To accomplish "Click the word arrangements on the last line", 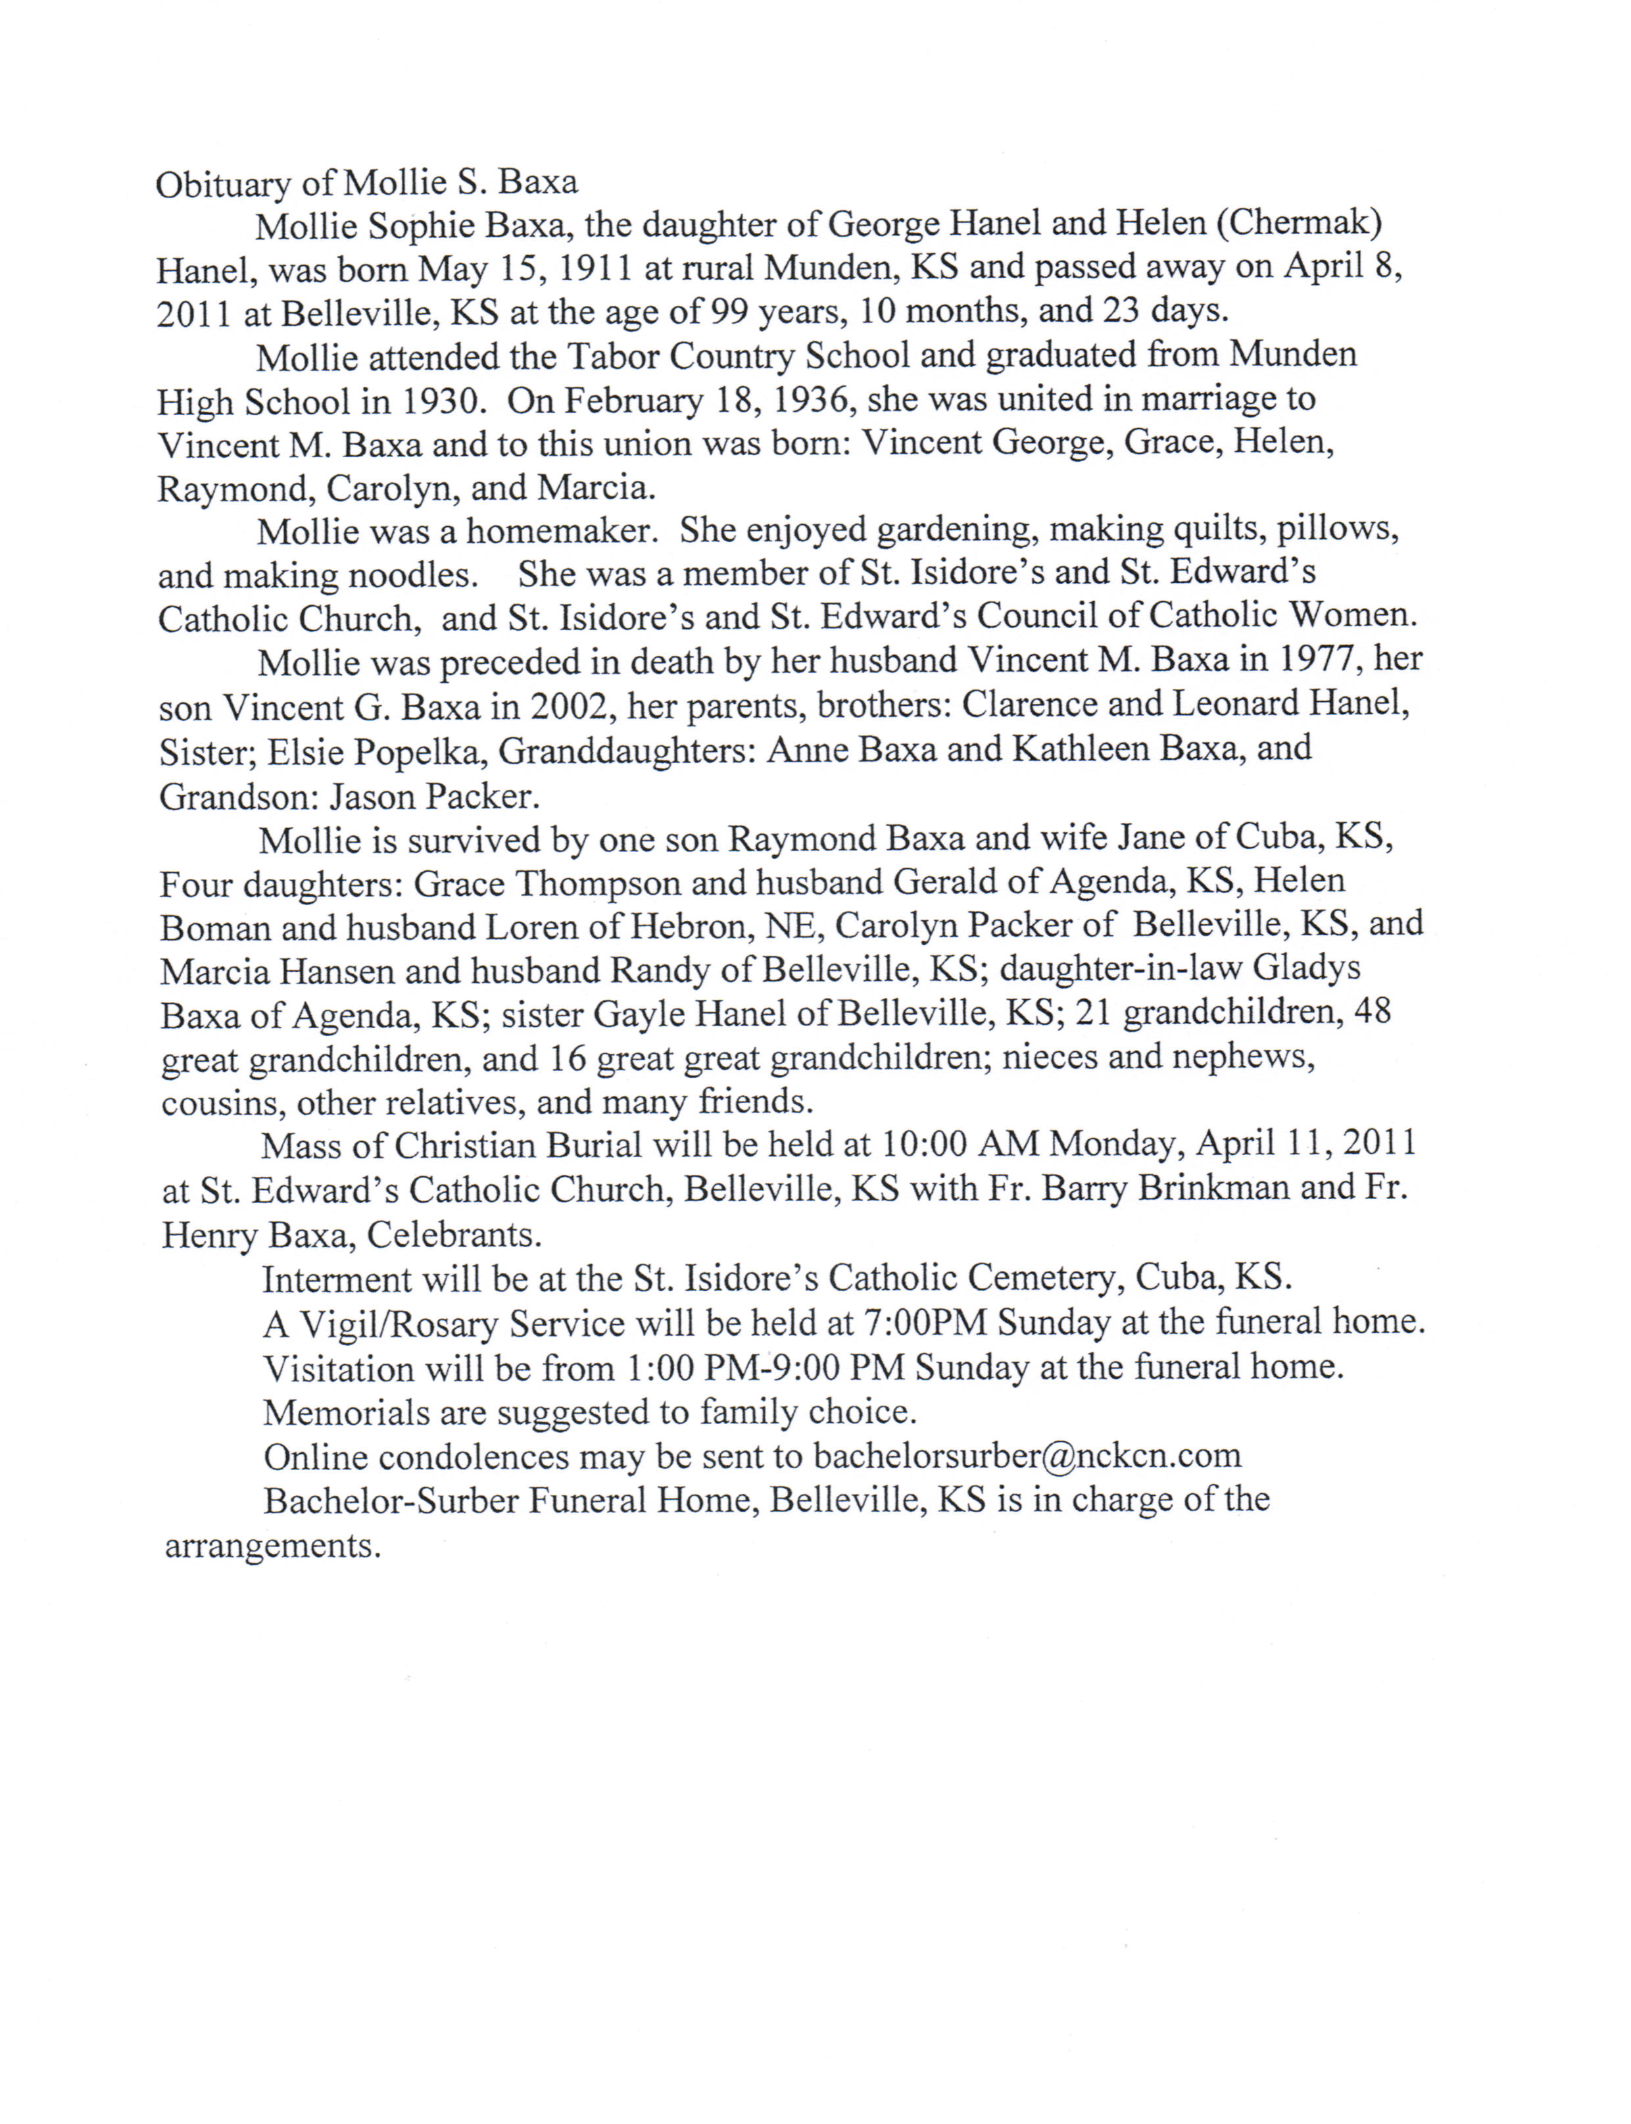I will click(271, 1545).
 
